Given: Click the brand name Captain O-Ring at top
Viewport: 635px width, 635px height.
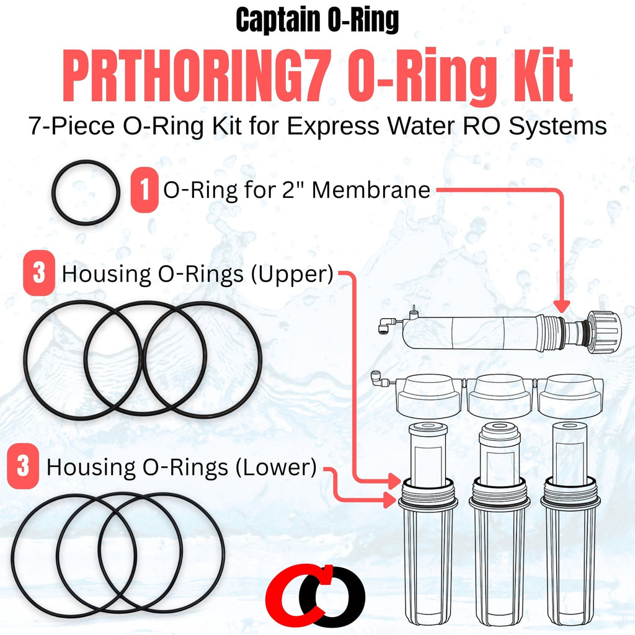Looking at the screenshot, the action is point(317,20).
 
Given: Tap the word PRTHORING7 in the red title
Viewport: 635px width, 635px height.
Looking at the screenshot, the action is point(194,75).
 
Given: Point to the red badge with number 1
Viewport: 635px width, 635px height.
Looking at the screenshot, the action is point(144,190).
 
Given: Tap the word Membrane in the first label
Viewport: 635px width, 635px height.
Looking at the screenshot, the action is point(371,190).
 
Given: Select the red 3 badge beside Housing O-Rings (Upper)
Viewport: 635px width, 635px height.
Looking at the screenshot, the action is point(39,273).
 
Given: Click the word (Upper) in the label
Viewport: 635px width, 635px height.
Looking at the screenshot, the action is point(292,274).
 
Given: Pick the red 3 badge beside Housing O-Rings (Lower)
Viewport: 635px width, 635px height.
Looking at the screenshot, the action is point(23,466).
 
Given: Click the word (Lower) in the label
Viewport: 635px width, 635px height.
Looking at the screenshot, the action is point(276,468).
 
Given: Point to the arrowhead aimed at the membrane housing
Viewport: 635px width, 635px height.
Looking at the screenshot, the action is point(561,306).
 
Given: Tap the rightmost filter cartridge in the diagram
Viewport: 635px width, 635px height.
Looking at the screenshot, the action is point(569,453).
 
